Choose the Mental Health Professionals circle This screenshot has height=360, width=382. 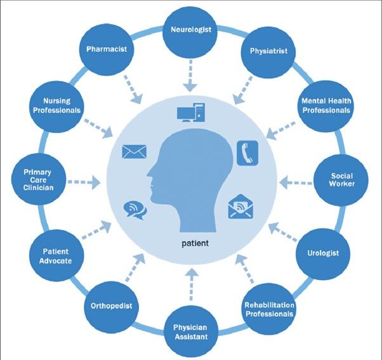pyautogui.click(x=326, y=105)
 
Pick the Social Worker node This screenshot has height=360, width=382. pyautogui.click(x=342, y=179)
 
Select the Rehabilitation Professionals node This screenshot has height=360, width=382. pyautogui.click(x=268, y=308)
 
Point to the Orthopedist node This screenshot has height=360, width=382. pyautogui.click(x=111, y=305)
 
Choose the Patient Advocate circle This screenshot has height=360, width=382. pyautogui.click(x=53, y=255)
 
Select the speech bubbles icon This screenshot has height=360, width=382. pyautogui.click(x=135, y=208)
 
